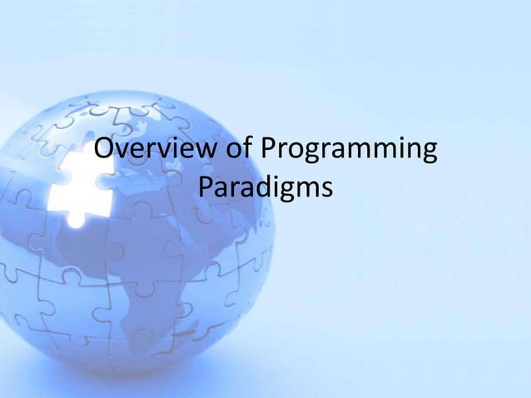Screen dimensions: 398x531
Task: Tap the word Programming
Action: pos(350,153)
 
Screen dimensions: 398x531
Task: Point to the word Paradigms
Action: pos(266,190)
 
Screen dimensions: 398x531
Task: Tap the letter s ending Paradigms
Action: pos(325,190)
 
